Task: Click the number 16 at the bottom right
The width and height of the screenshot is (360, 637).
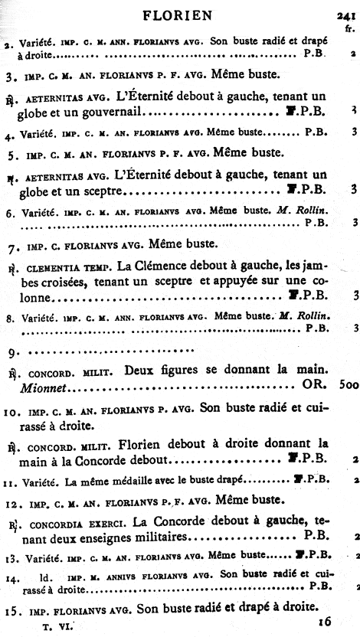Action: pyautogui.click(x=326, y=623)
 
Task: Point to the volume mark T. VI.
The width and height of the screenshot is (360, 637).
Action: pyautogui.click(x=59, y=625)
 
